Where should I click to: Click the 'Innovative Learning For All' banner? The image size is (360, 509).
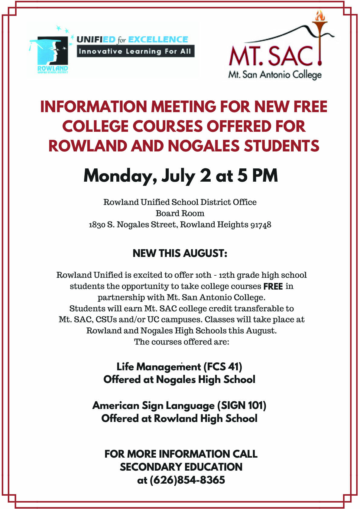pos(135,51)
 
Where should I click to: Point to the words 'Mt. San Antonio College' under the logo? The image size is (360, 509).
pos(274,74)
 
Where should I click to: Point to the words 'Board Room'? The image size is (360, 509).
pos(180,213)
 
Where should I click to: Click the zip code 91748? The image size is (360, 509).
pos(261,225)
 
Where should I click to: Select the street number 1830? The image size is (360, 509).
pos(97,225)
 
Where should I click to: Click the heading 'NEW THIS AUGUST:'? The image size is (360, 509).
pos(180,253)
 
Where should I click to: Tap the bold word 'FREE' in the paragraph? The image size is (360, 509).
pos(273,286)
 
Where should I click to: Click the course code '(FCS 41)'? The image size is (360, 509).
pos(223,367)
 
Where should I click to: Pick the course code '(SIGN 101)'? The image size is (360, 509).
pos(242,405)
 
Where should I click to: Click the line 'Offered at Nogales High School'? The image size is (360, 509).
pos(179,380)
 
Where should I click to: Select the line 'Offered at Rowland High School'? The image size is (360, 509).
pos(179,419)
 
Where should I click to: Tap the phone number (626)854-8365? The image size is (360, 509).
pos(187,480)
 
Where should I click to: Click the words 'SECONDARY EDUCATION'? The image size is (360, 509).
pos(181,467)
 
